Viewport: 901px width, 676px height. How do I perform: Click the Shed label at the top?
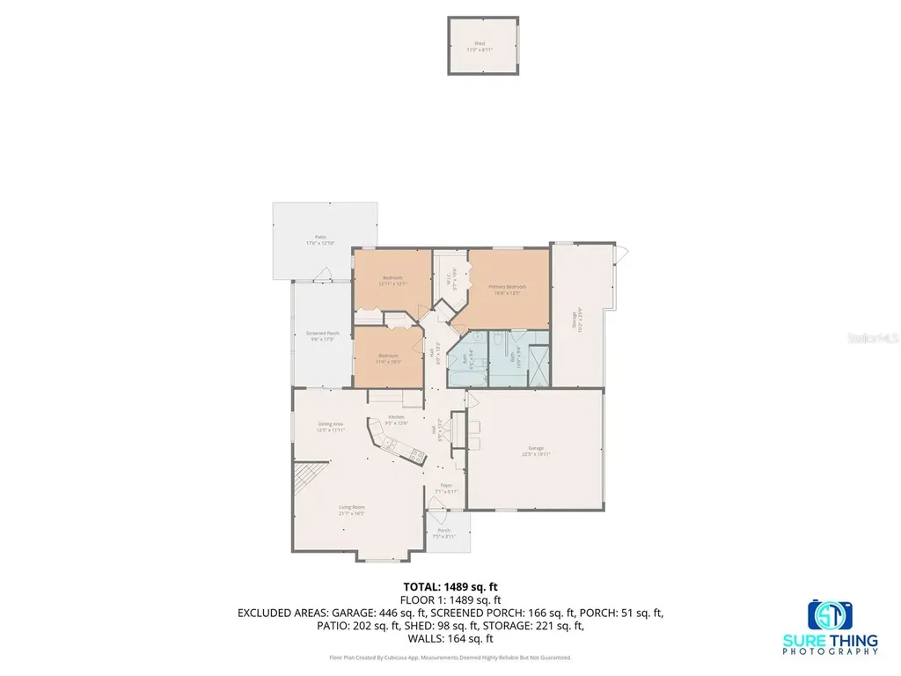[x=480, y=44]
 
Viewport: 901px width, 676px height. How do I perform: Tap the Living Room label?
[x=352, y=508]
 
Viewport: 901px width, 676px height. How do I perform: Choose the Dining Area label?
[x=331, y=426]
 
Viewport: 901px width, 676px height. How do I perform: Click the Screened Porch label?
[x=322, y=334]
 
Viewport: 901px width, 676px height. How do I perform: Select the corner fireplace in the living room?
[x=304, y=481]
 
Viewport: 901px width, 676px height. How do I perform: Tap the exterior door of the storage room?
[x=622, y=254]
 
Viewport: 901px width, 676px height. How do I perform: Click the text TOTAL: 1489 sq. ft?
[x=450, y=586]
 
